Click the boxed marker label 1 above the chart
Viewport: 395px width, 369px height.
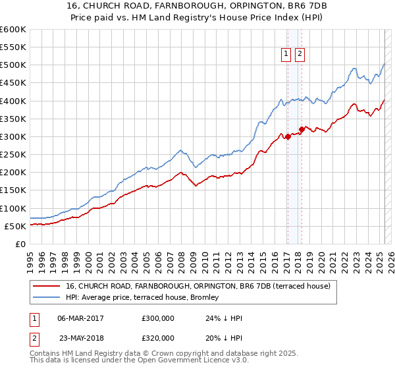coord(288,55)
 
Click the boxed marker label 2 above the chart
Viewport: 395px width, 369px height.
coord(300,55)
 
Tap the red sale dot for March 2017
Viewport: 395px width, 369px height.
coord(288,137)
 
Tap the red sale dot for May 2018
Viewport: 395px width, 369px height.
coord(302,130)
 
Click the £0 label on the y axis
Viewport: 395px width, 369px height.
coord(20,244)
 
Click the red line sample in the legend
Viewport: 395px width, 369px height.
coord(47,286)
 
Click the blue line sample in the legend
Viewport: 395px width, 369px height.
coord(47,298)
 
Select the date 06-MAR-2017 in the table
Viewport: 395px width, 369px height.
coord(81,318)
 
